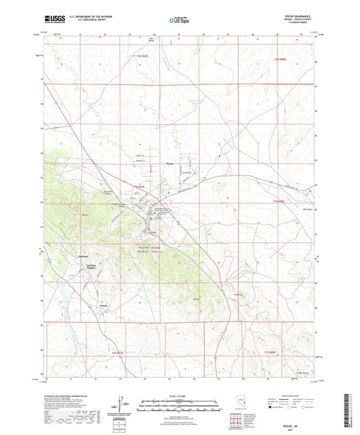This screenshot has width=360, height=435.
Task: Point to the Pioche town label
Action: tap(170, 163)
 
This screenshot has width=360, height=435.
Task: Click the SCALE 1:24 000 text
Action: tap(180, 396)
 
